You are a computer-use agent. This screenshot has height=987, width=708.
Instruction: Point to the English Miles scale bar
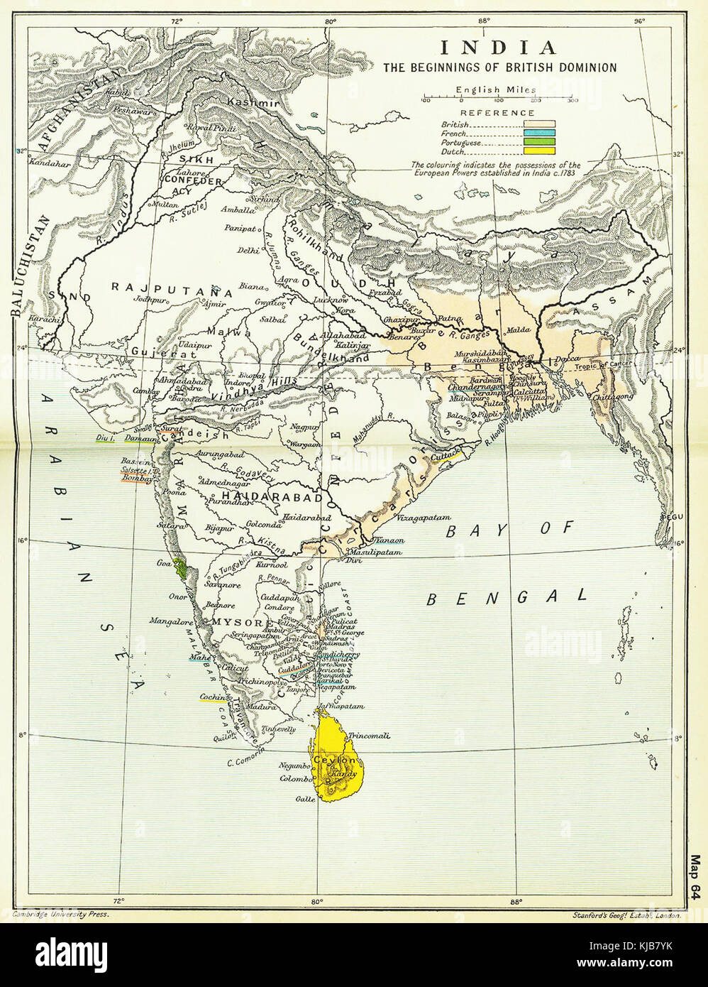[498, 98]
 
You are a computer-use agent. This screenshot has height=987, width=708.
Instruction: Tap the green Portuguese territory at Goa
[182, 568]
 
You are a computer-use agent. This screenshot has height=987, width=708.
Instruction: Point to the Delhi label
[248, 250]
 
